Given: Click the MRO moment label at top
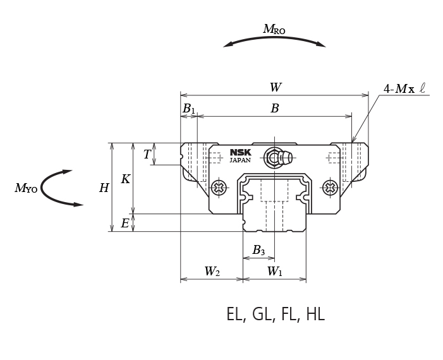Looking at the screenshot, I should pos(274,29).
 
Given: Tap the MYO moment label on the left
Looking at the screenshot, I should pos(25,188).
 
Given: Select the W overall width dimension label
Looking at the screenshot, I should pos(275,88).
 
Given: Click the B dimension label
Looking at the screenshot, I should pos(275,109).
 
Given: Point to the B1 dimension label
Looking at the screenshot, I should pos(188,109).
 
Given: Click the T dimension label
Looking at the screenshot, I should pos(147,155).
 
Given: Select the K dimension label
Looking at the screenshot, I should pos(125,179).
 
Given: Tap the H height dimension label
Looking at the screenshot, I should pos(104,188).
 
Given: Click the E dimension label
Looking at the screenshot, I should pos(125,224).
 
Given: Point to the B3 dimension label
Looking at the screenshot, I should pos(258,251).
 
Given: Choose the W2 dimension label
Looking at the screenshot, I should pos(212,272).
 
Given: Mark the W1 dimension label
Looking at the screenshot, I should pos(274,272).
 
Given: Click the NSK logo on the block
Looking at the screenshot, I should pos(240,152).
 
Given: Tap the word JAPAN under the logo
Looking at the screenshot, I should pos(240,160).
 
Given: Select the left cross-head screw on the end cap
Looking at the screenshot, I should pos(219,187).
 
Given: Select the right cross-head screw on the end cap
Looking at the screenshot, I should pos(329,187).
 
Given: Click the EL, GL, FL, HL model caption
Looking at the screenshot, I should pos(275,314).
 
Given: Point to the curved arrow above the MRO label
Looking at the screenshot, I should pos(274,41).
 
